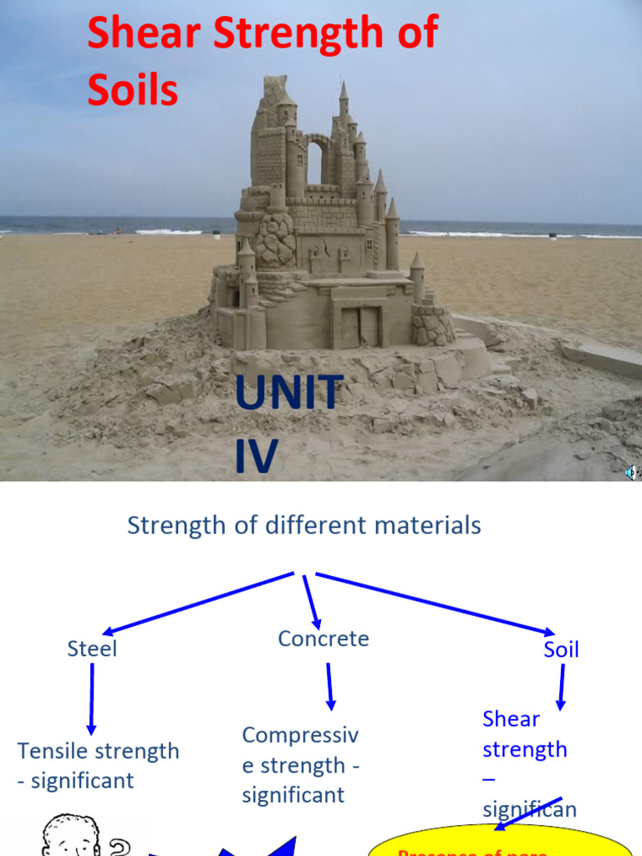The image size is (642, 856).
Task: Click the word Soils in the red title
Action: click(132, 90)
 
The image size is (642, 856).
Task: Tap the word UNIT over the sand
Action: click(288, 393)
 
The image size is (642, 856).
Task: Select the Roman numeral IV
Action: click(255, 456)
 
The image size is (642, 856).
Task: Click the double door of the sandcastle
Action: click(360, 326)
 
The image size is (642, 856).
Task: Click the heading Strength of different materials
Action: click(303, 525)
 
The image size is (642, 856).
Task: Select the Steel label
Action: click(92, 649)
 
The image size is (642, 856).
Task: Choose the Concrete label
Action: click(323, 639)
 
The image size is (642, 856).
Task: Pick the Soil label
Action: click(561, 650)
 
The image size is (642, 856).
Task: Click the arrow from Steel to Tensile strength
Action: click(91, 698)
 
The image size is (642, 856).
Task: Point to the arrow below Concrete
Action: click(329, 685)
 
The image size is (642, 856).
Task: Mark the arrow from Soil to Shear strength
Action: click(561, 685)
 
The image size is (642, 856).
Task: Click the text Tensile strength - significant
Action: click(98, 765)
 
